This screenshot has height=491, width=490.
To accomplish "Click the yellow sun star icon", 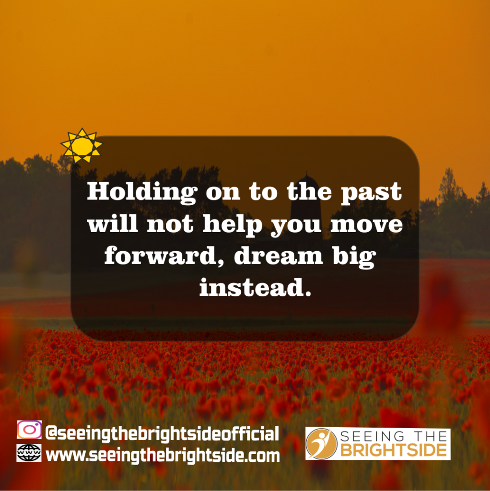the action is (82, 146).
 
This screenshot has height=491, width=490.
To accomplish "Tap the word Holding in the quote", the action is (142, 192).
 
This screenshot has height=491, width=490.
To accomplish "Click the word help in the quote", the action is (233, 224).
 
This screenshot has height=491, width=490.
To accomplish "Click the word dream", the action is (279, 256).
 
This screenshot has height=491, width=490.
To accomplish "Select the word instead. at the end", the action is (256, 288).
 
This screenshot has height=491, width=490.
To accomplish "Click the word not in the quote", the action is (170, 225).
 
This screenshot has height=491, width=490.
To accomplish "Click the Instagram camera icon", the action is (29, 430).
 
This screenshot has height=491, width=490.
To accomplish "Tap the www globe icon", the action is (29, 453).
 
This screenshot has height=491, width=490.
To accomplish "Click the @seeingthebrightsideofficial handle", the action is (162, 433).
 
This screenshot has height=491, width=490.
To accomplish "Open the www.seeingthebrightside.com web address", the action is (163, 456).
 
